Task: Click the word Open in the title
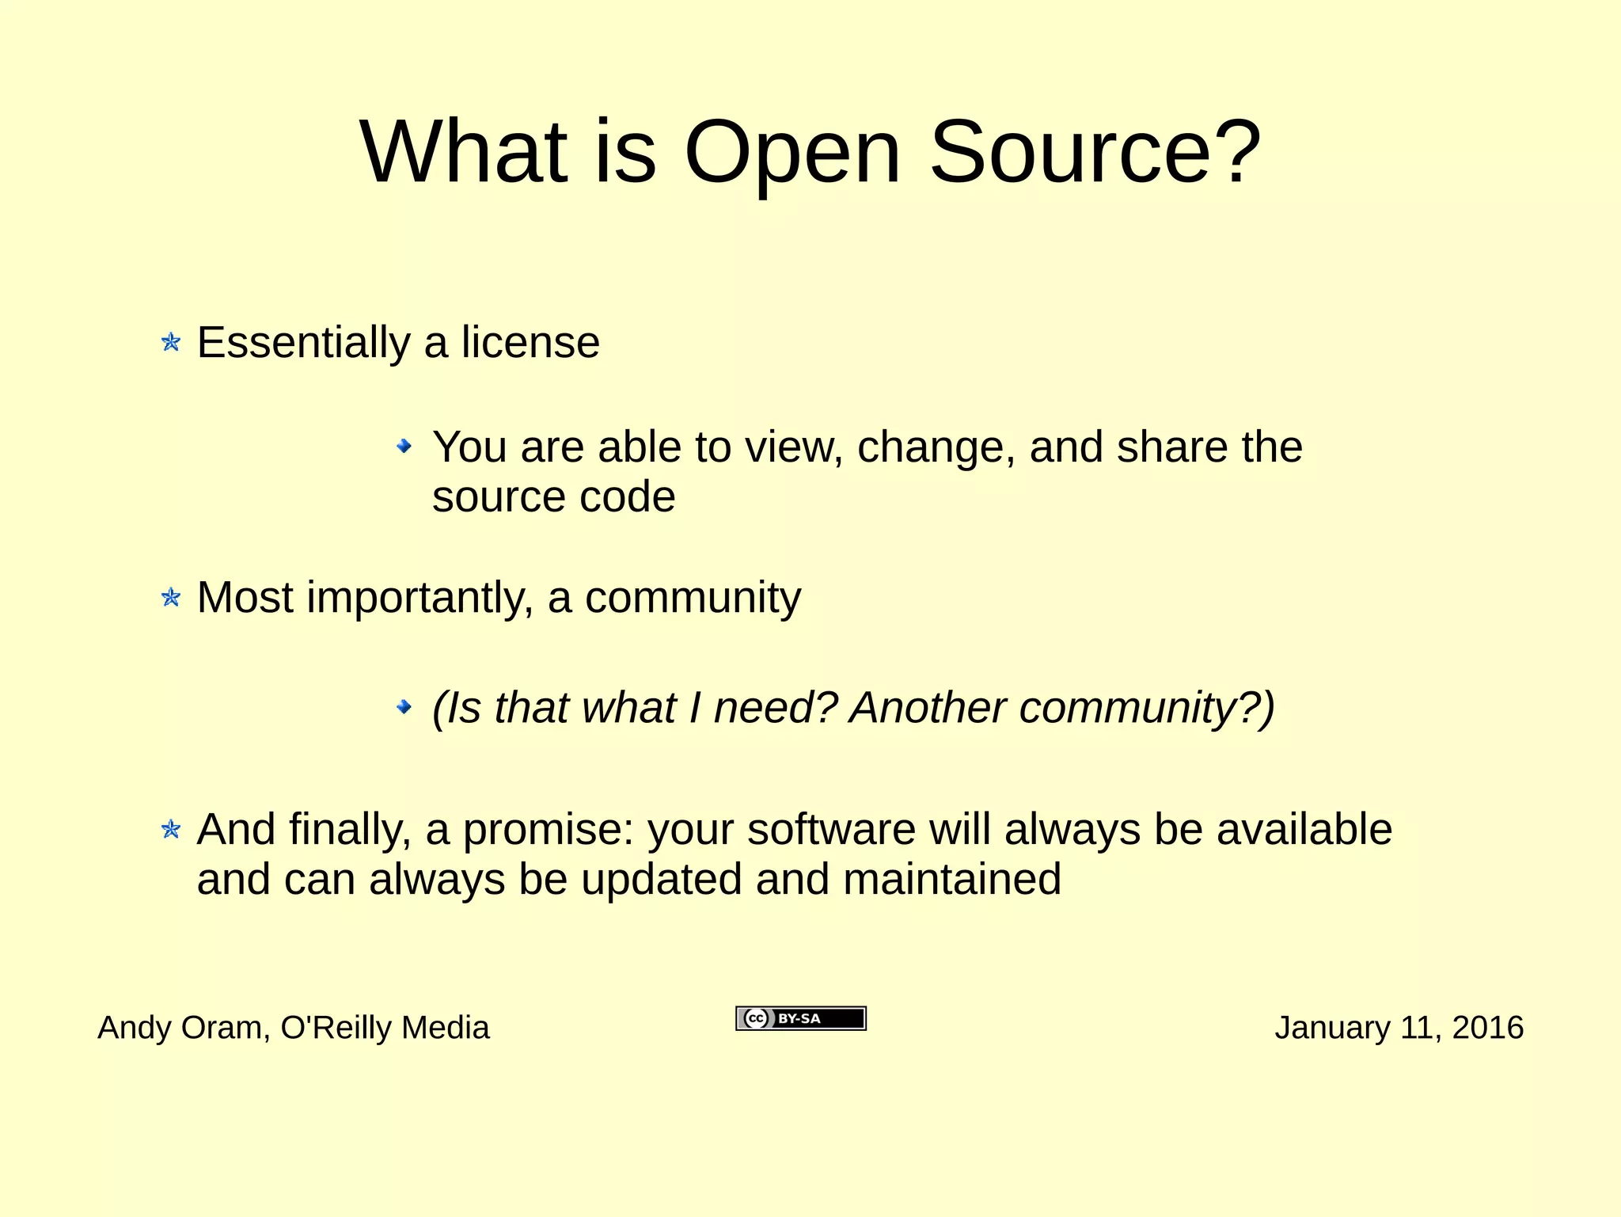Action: tap(792, 152)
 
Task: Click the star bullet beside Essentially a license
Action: tap(171, 342)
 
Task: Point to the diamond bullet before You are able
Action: tap(404, 447)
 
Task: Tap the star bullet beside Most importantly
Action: tap(171, 597)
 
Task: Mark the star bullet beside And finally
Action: tap(171, 829)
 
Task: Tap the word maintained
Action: tap(951, 880)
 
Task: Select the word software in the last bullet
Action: tap(831, 830)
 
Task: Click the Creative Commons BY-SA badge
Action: tap(801, 1018)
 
